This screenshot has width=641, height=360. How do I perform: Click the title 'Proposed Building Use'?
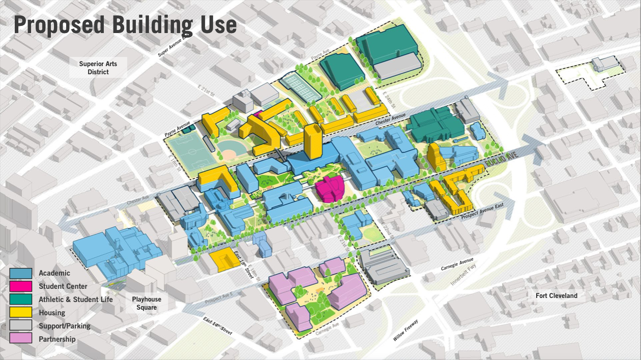pos(125,24)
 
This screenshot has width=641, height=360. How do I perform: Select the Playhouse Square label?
pos(147,304)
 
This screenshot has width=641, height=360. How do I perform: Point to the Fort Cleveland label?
pos(556,295)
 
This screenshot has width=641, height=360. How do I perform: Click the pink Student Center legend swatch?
pos(21,286)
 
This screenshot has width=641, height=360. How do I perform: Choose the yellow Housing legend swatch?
pos(21,313)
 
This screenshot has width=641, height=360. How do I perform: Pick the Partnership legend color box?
pos(21,339)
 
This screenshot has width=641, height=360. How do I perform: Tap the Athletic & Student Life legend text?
pos(76,299)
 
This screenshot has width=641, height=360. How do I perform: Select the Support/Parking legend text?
pos(65,326)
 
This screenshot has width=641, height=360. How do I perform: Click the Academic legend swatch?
pos(21,274)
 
